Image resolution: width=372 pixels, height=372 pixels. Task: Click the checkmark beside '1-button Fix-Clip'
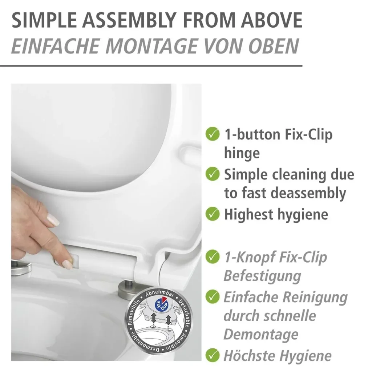[x=212, y=134]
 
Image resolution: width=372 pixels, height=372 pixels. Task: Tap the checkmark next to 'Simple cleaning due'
[x=212, y=174]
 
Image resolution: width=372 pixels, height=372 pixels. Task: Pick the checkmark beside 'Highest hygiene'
[x=212, y=214]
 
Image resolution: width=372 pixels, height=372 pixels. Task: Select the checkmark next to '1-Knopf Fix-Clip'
[x=212, y=256]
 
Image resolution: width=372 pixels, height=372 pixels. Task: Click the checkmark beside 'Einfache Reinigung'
[x=212, y=296]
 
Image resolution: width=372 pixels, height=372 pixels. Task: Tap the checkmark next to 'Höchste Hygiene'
[x=212, y=355]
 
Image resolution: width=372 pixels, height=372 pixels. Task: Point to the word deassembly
[x=308, y=193]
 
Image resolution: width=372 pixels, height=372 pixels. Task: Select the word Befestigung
[x=262, y=276]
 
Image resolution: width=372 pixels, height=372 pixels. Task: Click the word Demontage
[x=261, y=335]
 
